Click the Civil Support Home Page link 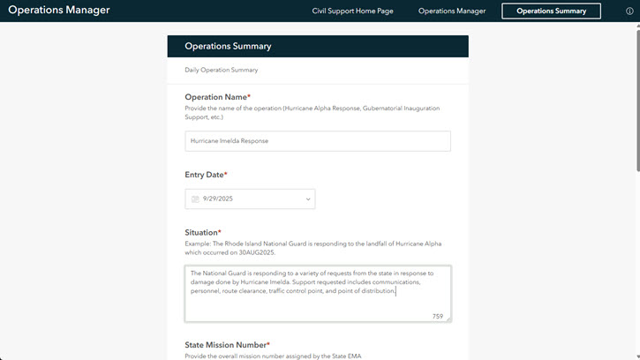352,11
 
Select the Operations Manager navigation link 452,11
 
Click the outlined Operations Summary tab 551,11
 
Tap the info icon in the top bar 629,11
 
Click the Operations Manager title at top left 59,11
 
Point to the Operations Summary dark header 318,46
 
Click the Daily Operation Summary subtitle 222,70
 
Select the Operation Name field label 217,97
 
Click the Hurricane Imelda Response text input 318,141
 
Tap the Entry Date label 206,176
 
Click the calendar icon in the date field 195,199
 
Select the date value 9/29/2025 218,199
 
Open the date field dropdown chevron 308,199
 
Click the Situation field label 203,232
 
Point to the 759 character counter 438,316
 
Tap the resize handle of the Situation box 448,319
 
